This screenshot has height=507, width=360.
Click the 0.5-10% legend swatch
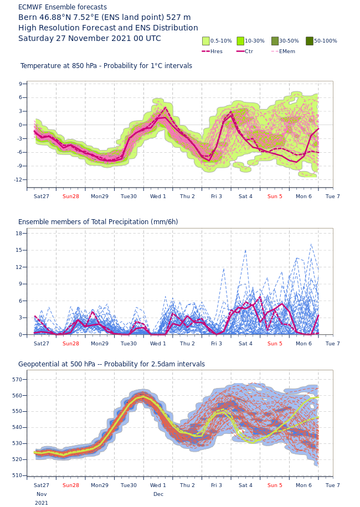coord(206,41)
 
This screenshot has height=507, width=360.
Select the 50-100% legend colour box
coord(310,41)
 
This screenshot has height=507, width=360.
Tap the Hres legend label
coord(217,51)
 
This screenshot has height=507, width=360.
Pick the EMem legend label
coord(287,51)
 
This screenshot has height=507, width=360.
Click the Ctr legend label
coord(249,51)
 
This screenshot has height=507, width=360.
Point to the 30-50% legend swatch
coord(275,41)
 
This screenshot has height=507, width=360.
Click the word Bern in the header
coord(27,17)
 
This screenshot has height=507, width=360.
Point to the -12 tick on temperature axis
coord(19,179)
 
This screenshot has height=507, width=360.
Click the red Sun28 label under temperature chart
coord(71,196)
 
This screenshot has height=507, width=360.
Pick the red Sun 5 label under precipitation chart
coord(275,343)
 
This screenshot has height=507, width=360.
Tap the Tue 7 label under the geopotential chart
coord(333,485)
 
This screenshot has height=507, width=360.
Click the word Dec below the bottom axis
coord(158,494)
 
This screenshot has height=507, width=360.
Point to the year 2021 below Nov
coord(42,503)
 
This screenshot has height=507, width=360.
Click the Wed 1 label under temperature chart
coord(158,196)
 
